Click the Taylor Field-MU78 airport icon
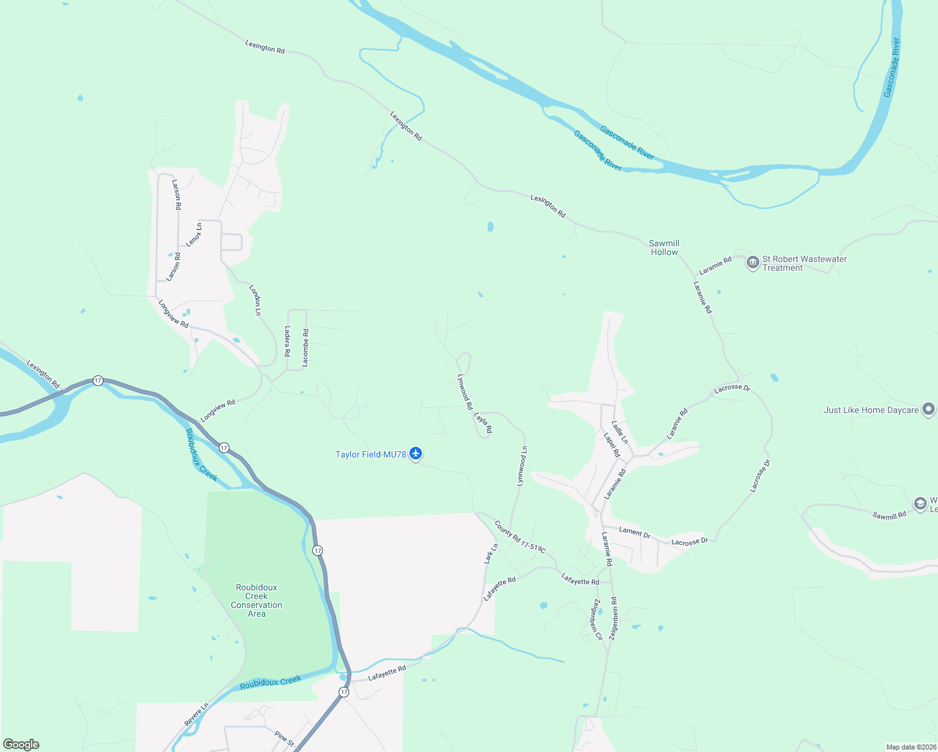pyautogui.click(x=415, y=454)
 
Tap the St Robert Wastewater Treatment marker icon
pyautogui.click(x=752, y=263)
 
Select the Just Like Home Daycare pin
pyautogui.click(x=929, y=410)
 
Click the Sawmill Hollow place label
pyautogui.click(x=664, y=248)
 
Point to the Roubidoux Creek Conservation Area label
pyautogui.click(x=256, y=600)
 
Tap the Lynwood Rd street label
pyautogui.click(x=465, y=392)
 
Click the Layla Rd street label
pyautogui.click(x=483, y=422)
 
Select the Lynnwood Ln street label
pyautogui.click(x=522, y=466)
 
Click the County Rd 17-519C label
pyautogui.click(x=520, y=537)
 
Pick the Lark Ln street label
pyautogui.click(x=491, y=553)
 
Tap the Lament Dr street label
pyautogui.click(x=635, y=533)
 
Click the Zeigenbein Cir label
pyautogui.click(x=596, y=619)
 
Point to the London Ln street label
pyautogui.click(x=255, y=300)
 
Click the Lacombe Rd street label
pyautogui.click(x=305, y=348)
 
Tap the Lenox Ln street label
pyautogui.click(x=194, y=234)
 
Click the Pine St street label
pyautogui.click(x=284, y=738)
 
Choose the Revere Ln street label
pyautogui.click(x=196, y=715)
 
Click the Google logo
pyautogui.click(x=21, y=744)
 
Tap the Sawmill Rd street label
pyautogui.click(x=889, y=515)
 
